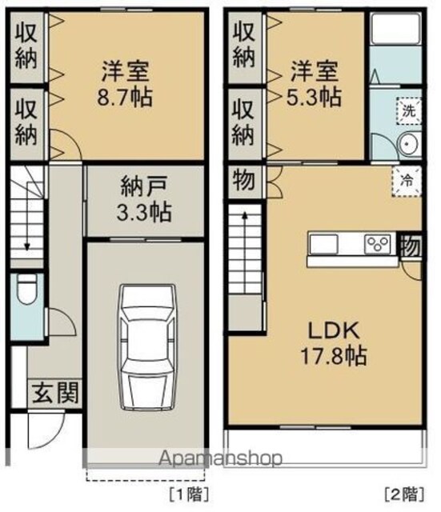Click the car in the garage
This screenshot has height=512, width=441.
[x=147, y=346]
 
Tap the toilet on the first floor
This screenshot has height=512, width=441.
[x=27, y=289]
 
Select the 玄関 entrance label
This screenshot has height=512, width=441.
[x=56, y=393]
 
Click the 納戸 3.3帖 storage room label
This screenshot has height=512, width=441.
[x=144, y=199]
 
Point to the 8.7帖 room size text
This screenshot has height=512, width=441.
[x=125, y=97]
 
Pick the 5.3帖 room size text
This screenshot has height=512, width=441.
[x=314, y=96]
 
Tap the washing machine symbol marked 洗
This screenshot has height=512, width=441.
[x=409, y=110]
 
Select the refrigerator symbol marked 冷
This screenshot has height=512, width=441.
[x=407, y=182]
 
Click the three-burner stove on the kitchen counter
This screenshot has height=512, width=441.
[x=378, y=243]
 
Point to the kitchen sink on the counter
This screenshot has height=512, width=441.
[x=323, y=243]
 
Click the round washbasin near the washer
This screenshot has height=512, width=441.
[x=407, y=144]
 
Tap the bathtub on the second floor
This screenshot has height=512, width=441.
[x=395, y=29]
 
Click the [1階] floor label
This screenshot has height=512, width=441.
[x=189, y=494]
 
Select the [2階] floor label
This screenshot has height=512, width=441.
[x=404, y=494]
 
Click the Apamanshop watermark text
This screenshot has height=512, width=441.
[x=220, y=458]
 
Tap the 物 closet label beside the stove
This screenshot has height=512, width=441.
[x=411, y=246]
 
